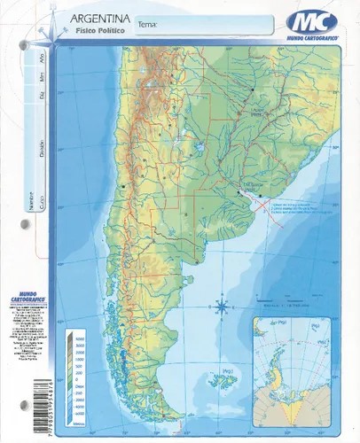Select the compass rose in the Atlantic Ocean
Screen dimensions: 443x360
(221, 307)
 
